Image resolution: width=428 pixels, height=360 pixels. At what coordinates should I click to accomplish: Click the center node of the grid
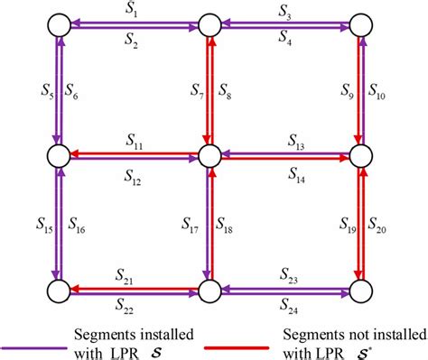[x=210, y=156]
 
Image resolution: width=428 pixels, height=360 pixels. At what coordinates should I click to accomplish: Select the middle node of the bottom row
[x=210, y=291]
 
